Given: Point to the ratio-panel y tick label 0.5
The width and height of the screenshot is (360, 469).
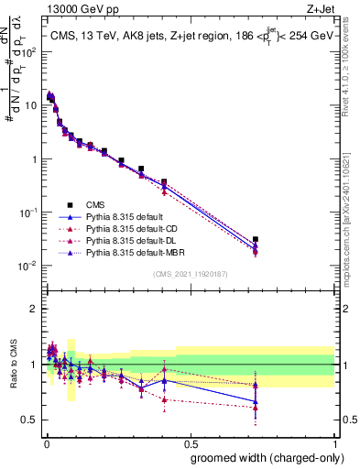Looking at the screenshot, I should pyautogui.click(x=31, y=420).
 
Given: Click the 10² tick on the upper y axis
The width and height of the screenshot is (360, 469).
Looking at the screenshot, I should pyautogui.click(x=29, y=51).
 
